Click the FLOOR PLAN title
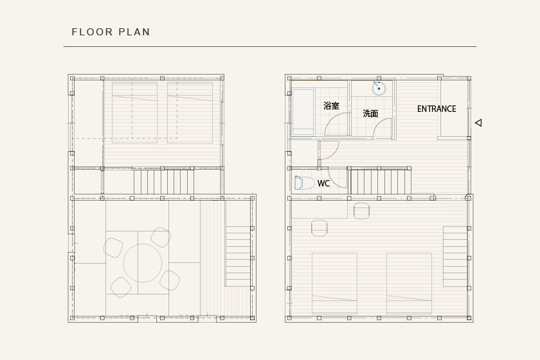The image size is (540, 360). click(x=111, y=32)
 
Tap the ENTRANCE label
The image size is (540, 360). click(x=437, y=109)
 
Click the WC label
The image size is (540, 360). click(x=323, y=183)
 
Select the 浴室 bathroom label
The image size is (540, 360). click(x=331, y=106)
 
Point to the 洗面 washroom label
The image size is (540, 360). click(x=370, y=113)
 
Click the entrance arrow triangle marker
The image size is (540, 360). click(x=478, y=123)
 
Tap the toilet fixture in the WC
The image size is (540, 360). click(x=305, y=183)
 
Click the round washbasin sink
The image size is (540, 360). click(x=379, y=89)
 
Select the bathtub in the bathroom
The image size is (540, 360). click(x=303, y=112)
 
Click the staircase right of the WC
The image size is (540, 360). click(x=381, y=182)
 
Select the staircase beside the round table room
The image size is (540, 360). click(x=238, y=256)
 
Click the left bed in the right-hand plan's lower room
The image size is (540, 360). click(x=334, y=283)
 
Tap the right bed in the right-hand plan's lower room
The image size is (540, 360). click(x=409, y=283)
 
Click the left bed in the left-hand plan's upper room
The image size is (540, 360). click(x=134, y=113)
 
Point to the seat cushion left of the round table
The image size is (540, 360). click(x=113, y=248)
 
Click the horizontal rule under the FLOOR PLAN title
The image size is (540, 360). click(x=270, y=46)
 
